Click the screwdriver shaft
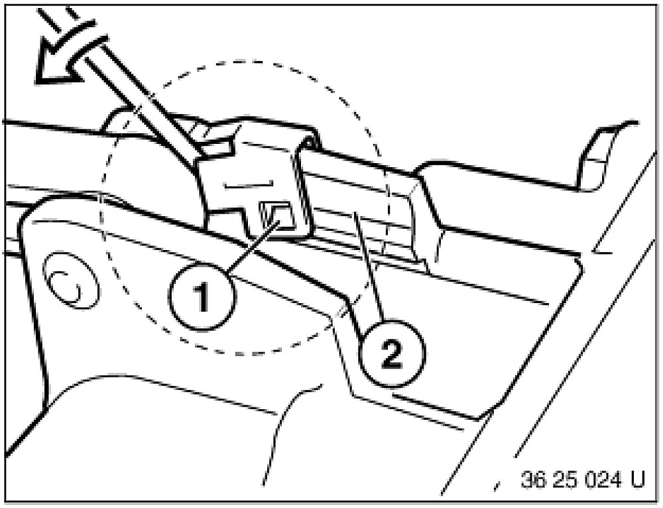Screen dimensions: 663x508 pos(133,86)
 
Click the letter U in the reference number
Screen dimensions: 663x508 pos(637,479)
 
